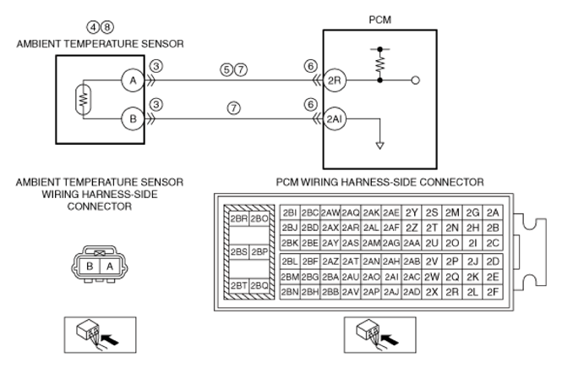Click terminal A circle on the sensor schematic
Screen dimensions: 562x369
[x=133, y=80]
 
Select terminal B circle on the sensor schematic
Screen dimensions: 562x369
[x=133, y=118]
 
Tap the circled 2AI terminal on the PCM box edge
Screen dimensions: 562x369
[x=335, y=118]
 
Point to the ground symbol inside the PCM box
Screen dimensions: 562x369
[x=380, y=146]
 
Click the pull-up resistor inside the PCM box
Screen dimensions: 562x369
[x=380, y=64]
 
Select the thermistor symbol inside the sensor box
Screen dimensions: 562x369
[x=84, y=99]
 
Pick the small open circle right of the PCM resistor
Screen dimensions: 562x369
[x=416, y=80]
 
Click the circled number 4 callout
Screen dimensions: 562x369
[x=93, y=27]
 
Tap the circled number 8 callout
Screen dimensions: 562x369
[x=106, y=27]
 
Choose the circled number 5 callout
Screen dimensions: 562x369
[x=226, y=69]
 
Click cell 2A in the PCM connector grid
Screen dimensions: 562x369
[x=493, y=213]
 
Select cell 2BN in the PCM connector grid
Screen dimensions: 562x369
[x=290, y=292]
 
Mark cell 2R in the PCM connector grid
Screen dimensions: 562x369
[x=452, y=292]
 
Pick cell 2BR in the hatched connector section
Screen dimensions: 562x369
[x=239, y=218]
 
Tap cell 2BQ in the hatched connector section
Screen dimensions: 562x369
[x=259, y=286]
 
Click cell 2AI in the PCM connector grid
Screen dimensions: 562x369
[x=391, y=277]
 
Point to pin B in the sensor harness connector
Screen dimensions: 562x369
[x=90, y=267]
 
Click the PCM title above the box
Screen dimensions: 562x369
[x=380, y=19]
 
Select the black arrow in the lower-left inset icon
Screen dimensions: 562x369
[x=110, y=339]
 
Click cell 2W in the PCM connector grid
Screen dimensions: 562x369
[x=432, y=277]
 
